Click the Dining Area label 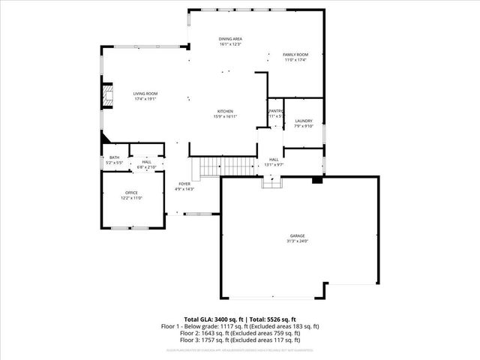click(230, 38)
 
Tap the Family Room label click(295, 55)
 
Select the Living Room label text click(145, 94)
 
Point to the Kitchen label click(225, 111)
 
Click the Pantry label click(275, 111)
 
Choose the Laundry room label click(303, 121)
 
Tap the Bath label click(114, 157)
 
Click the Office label click(132, 193)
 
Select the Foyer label click(184, 184)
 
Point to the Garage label click(297, 236)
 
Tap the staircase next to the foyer click(223, 166)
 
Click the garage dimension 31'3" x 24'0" click(297, 241)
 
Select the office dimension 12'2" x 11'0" click(132, 198)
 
